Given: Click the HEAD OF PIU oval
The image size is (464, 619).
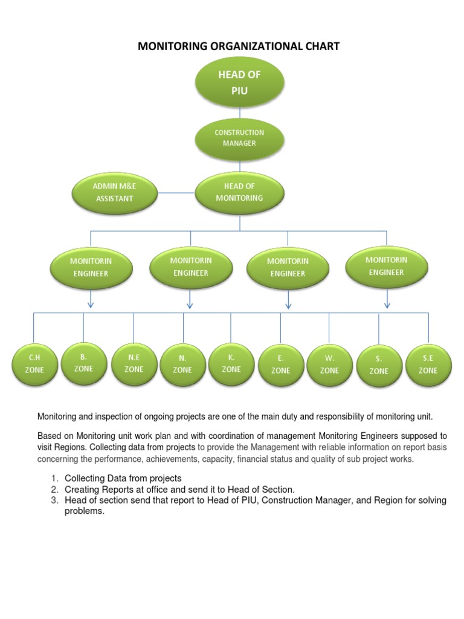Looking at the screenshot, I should click(x=240, y=82).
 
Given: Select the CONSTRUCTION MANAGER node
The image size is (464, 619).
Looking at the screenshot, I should click(x=240, y=138).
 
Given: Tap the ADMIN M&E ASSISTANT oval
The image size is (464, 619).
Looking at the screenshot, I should click(x=114, y=192).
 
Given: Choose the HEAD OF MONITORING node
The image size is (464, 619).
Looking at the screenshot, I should click(x=240, y=192).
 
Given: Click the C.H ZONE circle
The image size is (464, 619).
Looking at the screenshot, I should click(x=34, y=363).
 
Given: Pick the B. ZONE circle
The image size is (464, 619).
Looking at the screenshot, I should click(x=83, y=362).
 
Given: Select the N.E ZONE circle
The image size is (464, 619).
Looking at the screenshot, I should click(x=134, y=363).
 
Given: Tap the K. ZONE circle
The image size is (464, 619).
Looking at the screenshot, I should click(x=231, y=363).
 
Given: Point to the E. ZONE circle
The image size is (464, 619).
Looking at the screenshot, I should click(x=280, y=365).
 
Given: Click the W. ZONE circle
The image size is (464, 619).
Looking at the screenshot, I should click(x=329, y=365).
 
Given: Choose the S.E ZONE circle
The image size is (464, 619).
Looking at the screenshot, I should click(x=428, y=365).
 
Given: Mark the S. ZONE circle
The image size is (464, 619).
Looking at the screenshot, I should click(x=379, y=365).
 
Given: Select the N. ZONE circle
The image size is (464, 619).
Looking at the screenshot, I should click(x=182, y=364).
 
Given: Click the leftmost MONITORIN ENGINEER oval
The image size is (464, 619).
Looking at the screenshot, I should click(x=91, y=267).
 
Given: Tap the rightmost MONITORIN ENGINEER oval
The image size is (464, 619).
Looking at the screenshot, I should click(x=387, y=266).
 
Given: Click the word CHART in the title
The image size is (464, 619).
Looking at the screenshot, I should click(x=320, y=46).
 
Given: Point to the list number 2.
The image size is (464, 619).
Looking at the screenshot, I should click(x=54, y=489).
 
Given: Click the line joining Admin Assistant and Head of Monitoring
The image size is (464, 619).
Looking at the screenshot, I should click(x=175, y=193).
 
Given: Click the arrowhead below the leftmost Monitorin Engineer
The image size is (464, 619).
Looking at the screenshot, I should click(x=91, y=303).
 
